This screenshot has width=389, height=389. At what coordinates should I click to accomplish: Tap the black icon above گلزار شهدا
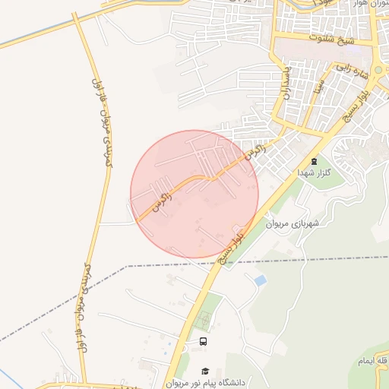click(314, 161)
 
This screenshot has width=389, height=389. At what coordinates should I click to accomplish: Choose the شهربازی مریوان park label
click(296, 224)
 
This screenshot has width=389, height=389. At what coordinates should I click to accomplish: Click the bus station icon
click(203, 342)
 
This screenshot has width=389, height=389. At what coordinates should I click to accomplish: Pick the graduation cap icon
click(205, 371)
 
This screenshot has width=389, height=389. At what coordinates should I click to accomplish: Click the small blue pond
click(261, 281)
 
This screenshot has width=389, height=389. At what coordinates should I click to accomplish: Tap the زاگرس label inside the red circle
click(162, 201)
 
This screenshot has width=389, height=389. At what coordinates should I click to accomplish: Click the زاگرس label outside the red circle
click(258, 152)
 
